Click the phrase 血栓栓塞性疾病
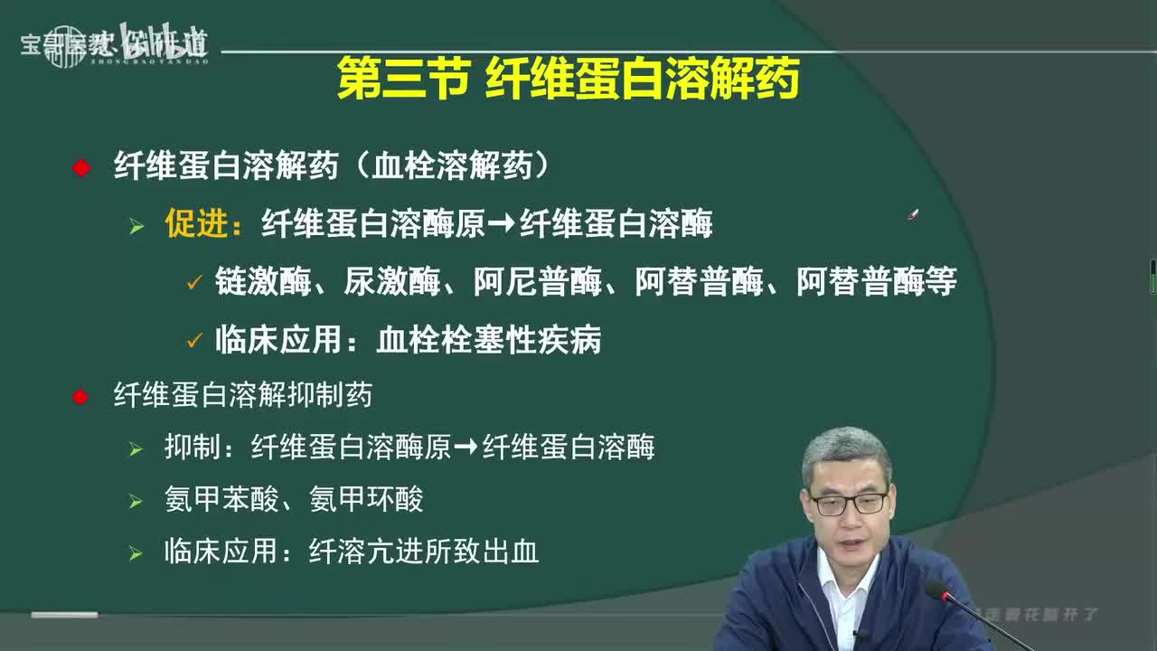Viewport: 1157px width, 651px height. pos(488,340)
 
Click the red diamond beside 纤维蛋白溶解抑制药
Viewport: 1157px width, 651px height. pos(80,396)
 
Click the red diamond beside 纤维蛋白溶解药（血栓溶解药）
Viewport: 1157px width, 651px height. pos(81,167)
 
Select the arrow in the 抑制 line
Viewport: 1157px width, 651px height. pos(466,448)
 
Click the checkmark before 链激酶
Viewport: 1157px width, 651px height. pos(193,283)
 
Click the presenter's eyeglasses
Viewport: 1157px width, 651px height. pos(847,503)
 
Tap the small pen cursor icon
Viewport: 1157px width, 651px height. pos(913,215)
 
